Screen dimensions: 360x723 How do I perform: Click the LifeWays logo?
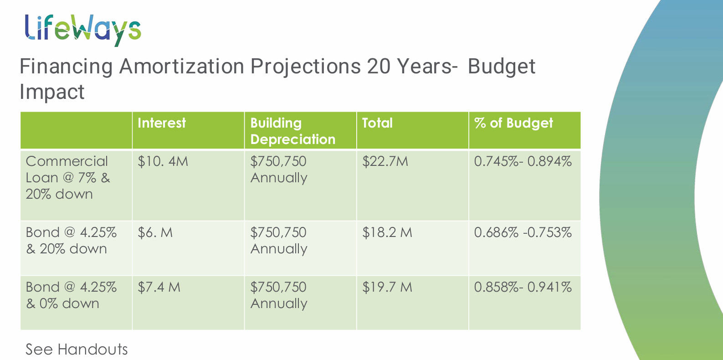pos(82,30)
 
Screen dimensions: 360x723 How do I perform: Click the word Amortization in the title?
pos(181,67)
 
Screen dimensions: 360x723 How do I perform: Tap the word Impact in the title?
pos(52,92)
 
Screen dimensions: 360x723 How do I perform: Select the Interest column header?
pos(162,123)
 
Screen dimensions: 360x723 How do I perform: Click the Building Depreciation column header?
pos(292,131)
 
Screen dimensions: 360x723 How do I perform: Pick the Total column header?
pos(377,123)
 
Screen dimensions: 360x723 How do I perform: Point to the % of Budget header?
pos(513,123)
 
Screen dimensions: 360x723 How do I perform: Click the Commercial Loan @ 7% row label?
pos(68,178)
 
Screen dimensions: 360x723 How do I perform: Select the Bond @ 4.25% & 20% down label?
pos(71,241)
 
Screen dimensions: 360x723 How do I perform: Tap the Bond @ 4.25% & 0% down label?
pos(71,295)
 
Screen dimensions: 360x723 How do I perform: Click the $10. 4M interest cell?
pos(163,162)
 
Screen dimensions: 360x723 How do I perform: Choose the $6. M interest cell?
pos(155,233)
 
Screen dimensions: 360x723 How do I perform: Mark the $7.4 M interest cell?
pos(159,288)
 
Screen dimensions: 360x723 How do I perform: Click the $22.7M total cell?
pos(385,162)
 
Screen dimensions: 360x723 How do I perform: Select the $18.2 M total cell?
pos(387,233)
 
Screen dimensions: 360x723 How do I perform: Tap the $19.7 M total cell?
pos(387,288)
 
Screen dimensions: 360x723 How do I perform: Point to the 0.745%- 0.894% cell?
pos(523,162)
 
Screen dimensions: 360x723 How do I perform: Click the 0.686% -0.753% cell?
pos(523,233)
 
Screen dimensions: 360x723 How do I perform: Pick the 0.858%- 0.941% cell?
pos(523,288)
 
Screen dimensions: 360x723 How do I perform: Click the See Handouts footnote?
pos(77,350)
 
